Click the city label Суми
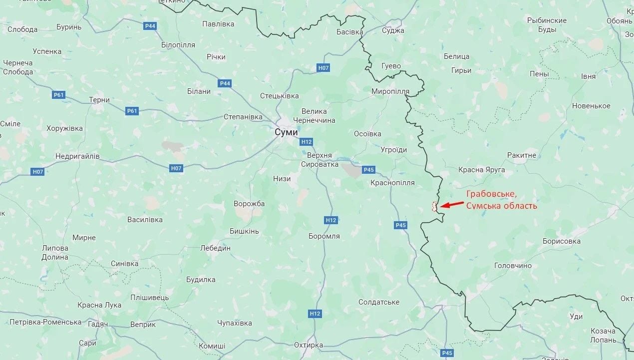tap(286, 132)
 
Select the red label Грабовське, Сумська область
tap(502, 200)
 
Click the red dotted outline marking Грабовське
tap(434, 206)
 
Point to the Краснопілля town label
tap(392, 183)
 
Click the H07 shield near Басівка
tap(323, 68)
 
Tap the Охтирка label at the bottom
tap(308, 345)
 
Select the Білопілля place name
tap(178, 45)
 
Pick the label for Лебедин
tap(215, 248)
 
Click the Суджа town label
tap(393, 30)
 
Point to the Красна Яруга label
tap(481, 170)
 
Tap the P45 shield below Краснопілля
tap(400, 225)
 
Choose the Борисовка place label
tap(562, 241)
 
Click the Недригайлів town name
tap(77, 156)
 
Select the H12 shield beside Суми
tap(306, 142)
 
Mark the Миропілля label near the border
tap(390, 91)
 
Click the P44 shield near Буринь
tap(150, 26)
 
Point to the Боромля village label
tap(324, 236)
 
